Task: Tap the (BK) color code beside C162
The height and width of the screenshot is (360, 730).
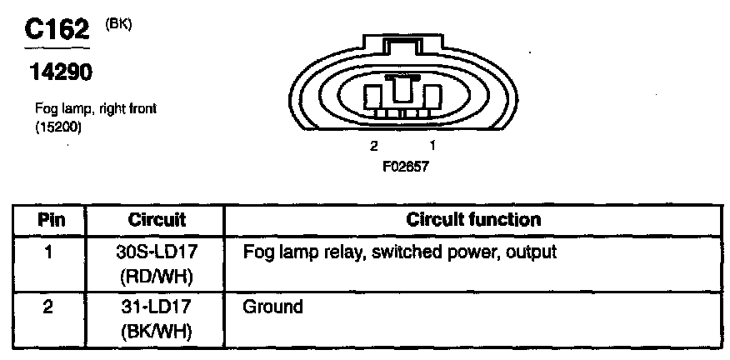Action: pos(119,24)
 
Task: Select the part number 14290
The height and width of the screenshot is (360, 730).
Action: pos(62,73)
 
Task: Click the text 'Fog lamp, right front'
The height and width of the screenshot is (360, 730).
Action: pos(96,108)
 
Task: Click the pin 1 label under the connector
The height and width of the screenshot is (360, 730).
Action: pos(432,146)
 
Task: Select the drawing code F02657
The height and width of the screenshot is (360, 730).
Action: pos(404,165)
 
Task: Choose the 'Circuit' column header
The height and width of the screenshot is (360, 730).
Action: pos(157,220)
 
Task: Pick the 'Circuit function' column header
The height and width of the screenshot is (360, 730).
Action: pos(473,220)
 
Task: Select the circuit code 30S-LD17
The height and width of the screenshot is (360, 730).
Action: pos(157,250)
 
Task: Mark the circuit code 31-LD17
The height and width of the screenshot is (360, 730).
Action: pos(157,307)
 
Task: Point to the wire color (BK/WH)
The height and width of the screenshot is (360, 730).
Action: pos(157,331)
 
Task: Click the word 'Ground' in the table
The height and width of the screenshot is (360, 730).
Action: pos(272,307)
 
